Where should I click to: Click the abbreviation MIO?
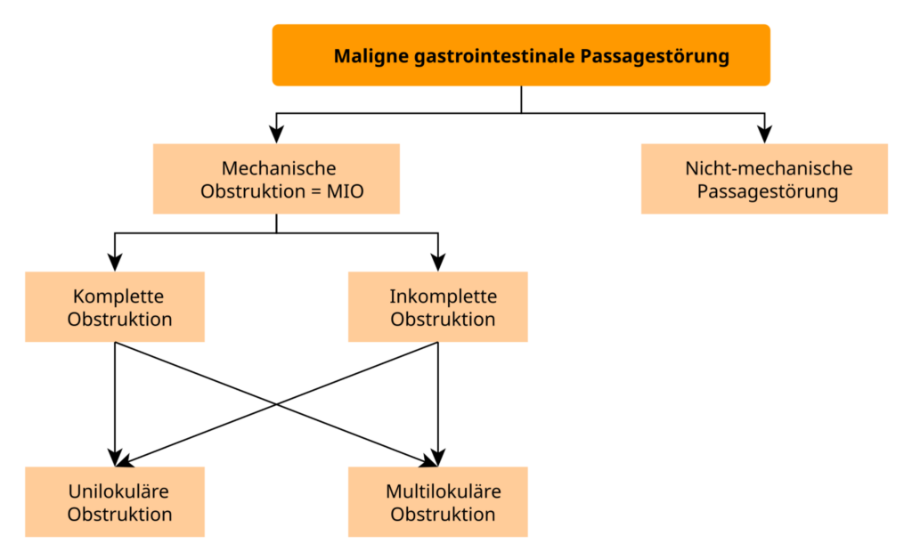345,191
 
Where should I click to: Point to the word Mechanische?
279,168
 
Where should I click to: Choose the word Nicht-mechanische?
769,168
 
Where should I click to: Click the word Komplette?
118,296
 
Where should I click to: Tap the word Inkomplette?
444,296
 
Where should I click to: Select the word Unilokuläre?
118,491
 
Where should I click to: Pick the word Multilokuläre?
444,491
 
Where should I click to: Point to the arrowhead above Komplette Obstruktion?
115,263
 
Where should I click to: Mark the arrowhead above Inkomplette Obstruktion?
438,263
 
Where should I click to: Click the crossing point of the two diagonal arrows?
276,404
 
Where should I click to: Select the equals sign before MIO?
316,192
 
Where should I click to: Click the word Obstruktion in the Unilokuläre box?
119,515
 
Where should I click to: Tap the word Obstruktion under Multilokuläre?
443,515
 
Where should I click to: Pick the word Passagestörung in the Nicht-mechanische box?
768,192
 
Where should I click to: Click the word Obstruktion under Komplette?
119,320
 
